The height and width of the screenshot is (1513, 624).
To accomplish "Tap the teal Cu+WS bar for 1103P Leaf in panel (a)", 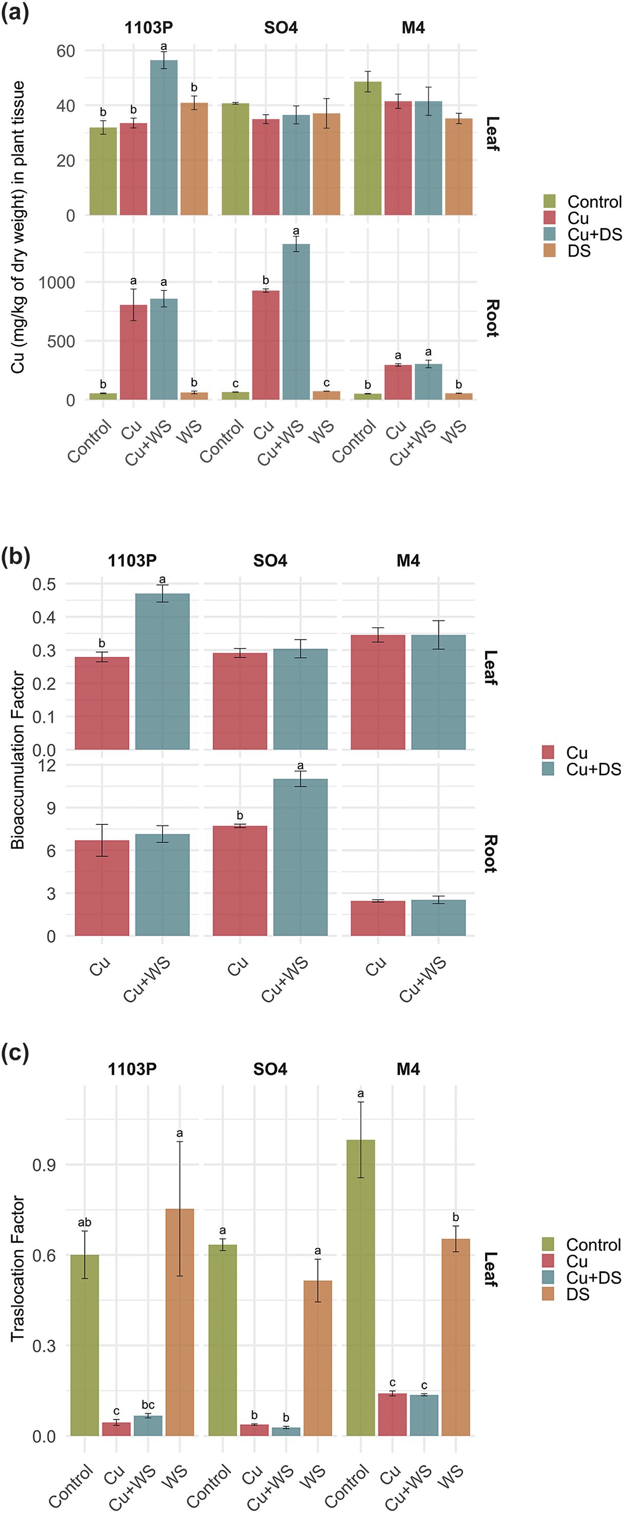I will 164,138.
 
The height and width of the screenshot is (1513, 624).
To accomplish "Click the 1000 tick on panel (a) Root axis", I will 56,282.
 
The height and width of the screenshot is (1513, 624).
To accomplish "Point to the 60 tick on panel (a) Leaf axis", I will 66,51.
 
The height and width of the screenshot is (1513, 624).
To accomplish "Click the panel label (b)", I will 16,556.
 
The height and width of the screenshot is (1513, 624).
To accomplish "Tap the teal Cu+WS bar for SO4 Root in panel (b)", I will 300,858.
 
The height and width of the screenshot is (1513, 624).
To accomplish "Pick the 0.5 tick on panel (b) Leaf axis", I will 44,585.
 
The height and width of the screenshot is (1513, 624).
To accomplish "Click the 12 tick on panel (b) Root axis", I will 46,765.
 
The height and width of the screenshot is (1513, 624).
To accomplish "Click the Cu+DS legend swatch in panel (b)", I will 548,769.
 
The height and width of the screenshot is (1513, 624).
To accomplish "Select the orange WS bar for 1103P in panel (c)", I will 180,1321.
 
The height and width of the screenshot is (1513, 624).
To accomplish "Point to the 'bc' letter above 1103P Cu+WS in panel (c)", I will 148,1405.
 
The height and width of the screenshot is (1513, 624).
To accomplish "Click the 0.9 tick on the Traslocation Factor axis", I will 44,1165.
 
